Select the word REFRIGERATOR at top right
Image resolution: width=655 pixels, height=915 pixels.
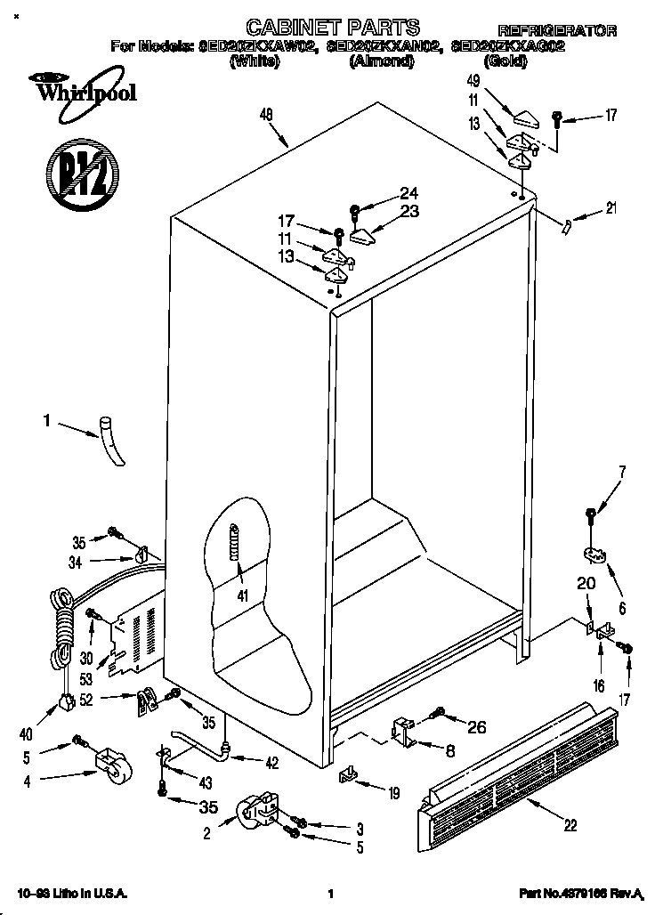(557, 31)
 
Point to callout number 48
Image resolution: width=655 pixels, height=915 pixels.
(266, 113)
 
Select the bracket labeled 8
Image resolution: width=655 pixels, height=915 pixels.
(402, 730)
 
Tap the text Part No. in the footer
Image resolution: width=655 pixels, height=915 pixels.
(545, 893)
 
